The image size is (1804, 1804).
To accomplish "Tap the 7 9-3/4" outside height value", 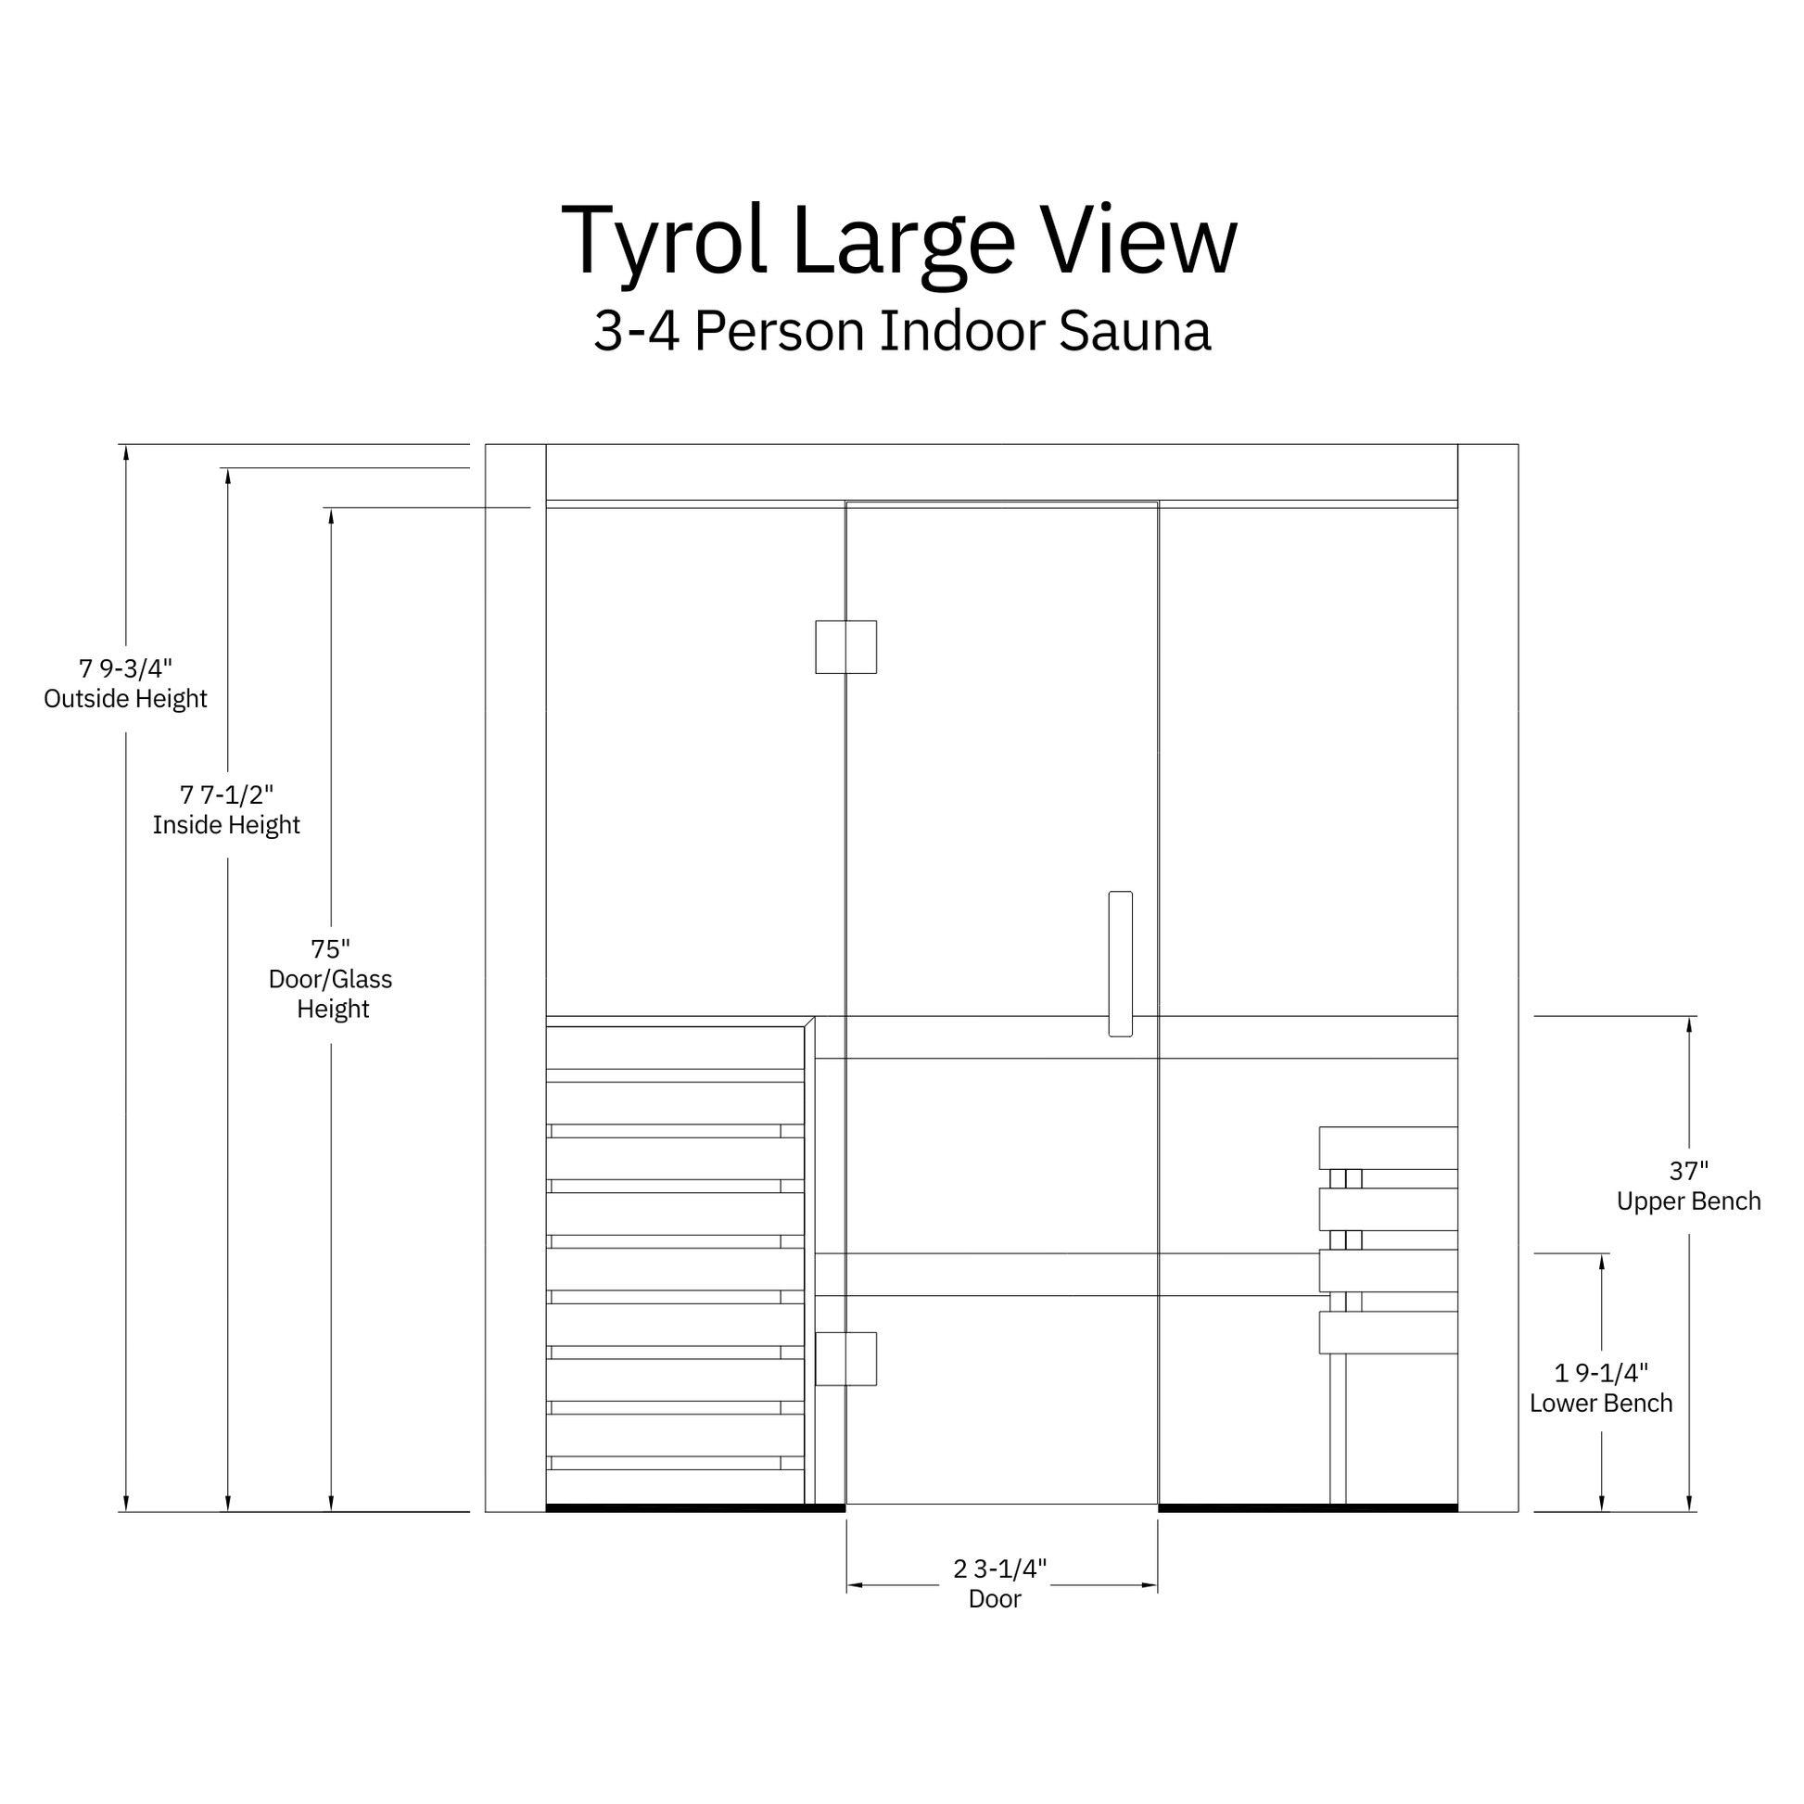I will [125, 668].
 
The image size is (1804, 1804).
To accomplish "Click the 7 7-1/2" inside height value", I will [226, 794].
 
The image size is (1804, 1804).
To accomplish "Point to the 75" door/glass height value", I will [331, 948].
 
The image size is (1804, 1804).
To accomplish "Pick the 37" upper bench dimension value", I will [1688, 1170].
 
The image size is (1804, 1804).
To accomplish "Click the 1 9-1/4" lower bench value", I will [1601, 1373].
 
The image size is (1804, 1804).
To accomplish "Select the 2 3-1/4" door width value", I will [1000, 1569].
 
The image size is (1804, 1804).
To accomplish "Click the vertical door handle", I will [1120, 963].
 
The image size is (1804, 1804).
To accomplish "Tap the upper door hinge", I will [845, 646].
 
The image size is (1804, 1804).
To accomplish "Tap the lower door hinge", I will [845, 1358].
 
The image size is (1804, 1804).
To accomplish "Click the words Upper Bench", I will [1688, 1201].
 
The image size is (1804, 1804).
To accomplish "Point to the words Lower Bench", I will [1600, 1403].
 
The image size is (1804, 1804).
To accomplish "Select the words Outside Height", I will [125, 698].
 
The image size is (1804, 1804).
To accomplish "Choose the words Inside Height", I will [226, 824].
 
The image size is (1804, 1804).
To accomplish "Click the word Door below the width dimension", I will [995, 1598].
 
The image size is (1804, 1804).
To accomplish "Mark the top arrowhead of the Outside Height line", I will [126, 453].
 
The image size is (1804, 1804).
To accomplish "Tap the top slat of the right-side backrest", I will [1388, 1148].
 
